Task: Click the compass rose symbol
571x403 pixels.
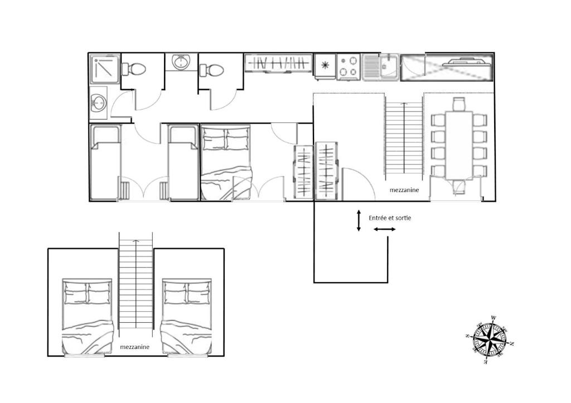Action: (x=490, y=340)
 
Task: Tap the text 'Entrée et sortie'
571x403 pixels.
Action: (x=390, y=218)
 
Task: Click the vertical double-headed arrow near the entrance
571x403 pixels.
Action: (x=359, y=220)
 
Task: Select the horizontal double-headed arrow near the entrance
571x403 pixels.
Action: (x=385, y=229)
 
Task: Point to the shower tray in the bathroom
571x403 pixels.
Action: (x=105, y=70)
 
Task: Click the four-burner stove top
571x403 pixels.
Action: (x=349, y=66)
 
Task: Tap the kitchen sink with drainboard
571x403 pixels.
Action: (x=380, y=67)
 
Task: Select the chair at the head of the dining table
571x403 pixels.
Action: (x=459, y=104)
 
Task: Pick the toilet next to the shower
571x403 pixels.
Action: (x=134, y=68)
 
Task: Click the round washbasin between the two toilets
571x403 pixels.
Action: (x=181, y=62)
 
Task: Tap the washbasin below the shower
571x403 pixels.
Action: (x=98, y=103)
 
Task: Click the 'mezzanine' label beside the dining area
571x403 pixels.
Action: (x=404, y=190)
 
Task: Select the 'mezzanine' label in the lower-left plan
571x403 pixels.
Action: (x=135, y=347)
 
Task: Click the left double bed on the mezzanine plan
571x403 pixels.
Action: (x=87, y=316)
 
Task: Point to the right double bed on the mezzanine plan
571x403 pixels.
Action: (x=187, y=316)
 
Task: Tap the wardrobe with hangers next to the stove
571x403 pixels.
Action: (x=279, y=63)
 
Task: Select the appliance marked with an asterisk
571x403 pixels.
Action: (x=325, y=67)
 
